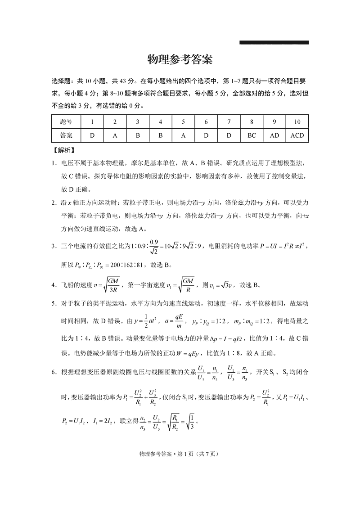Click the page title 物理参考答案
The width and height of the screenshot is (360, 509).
coord(180,60)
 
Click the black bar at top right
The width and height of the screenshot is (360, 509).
coord(274,43)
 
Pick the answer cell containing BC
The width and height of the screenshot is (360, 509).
coord(252,135)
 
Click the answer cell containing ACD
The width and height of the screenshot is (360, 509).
coord(297,135)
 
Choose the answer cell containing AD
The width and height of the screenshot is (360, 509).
coord(274,135)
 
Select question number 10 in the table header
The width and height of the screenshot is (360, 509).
coord(297,122)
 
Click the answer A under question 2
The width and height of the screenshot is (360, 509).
coord(115,135)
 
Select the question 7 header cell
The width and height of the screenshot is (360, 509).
coord(229,122)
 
